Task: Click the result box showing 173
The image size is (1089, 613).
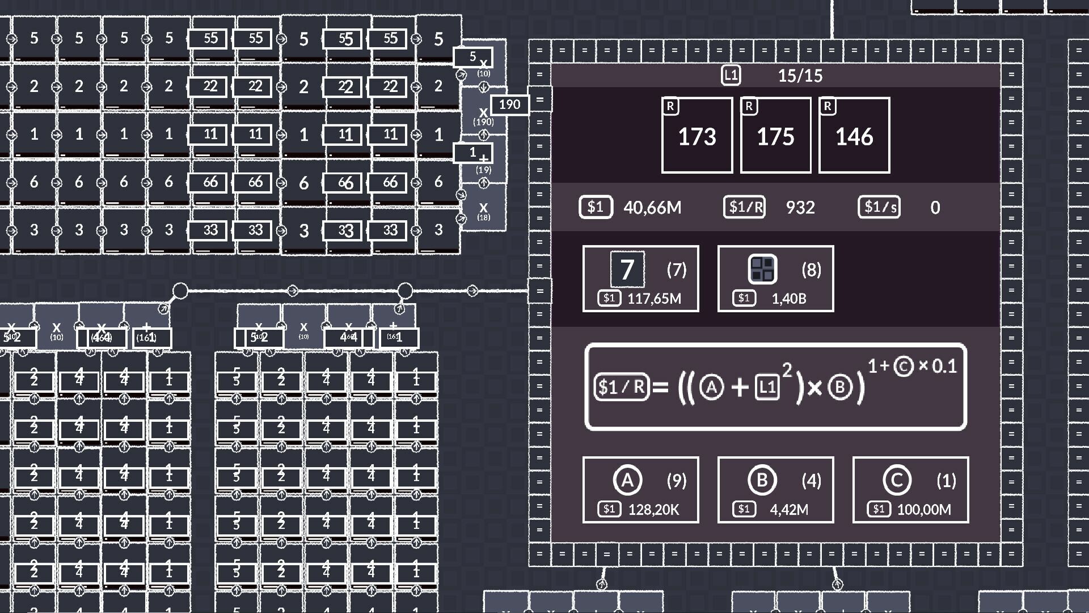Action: pos(697,135)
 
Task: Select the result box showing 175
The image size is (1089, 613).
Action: pos(775,135)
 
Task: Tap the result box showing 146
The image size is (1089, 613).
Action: pos(854,135)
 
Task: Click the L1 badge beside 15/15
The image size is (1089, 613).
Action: pos(731,75)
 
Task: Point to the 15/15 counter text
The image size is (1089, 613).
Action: pos(800,75)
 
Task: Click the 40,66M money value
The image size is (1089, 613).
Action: pos(652,208)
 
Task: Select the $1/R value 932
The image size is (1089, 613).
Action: pos(800,208)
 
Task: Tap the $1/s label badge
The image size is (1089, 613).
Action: pos(879,207)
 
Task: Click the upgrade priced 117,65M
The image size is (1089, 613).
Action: pos(640,279)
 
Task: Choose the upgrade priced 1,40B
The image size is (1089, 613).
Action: pos(775,279)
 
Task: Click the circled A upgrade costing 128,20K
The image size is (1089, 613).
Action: pos(640,490)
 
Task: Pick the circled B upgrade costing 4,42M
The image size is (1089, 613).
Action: pos(775,490)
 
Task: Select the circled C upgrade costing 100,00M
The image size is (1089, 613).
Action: pos(910,490)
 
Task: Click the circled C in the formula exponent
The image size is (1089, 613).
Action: pos(904,367)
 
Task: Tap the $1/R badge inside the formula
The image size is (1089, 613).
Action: pos(622,387)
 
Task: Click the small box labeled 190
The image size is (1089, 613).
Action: pos(509,104)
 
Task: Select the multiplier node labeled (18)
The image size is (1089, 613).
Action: pos(483,211)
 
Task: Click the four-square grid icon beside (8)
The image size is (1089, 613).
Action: pos(762,270)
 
